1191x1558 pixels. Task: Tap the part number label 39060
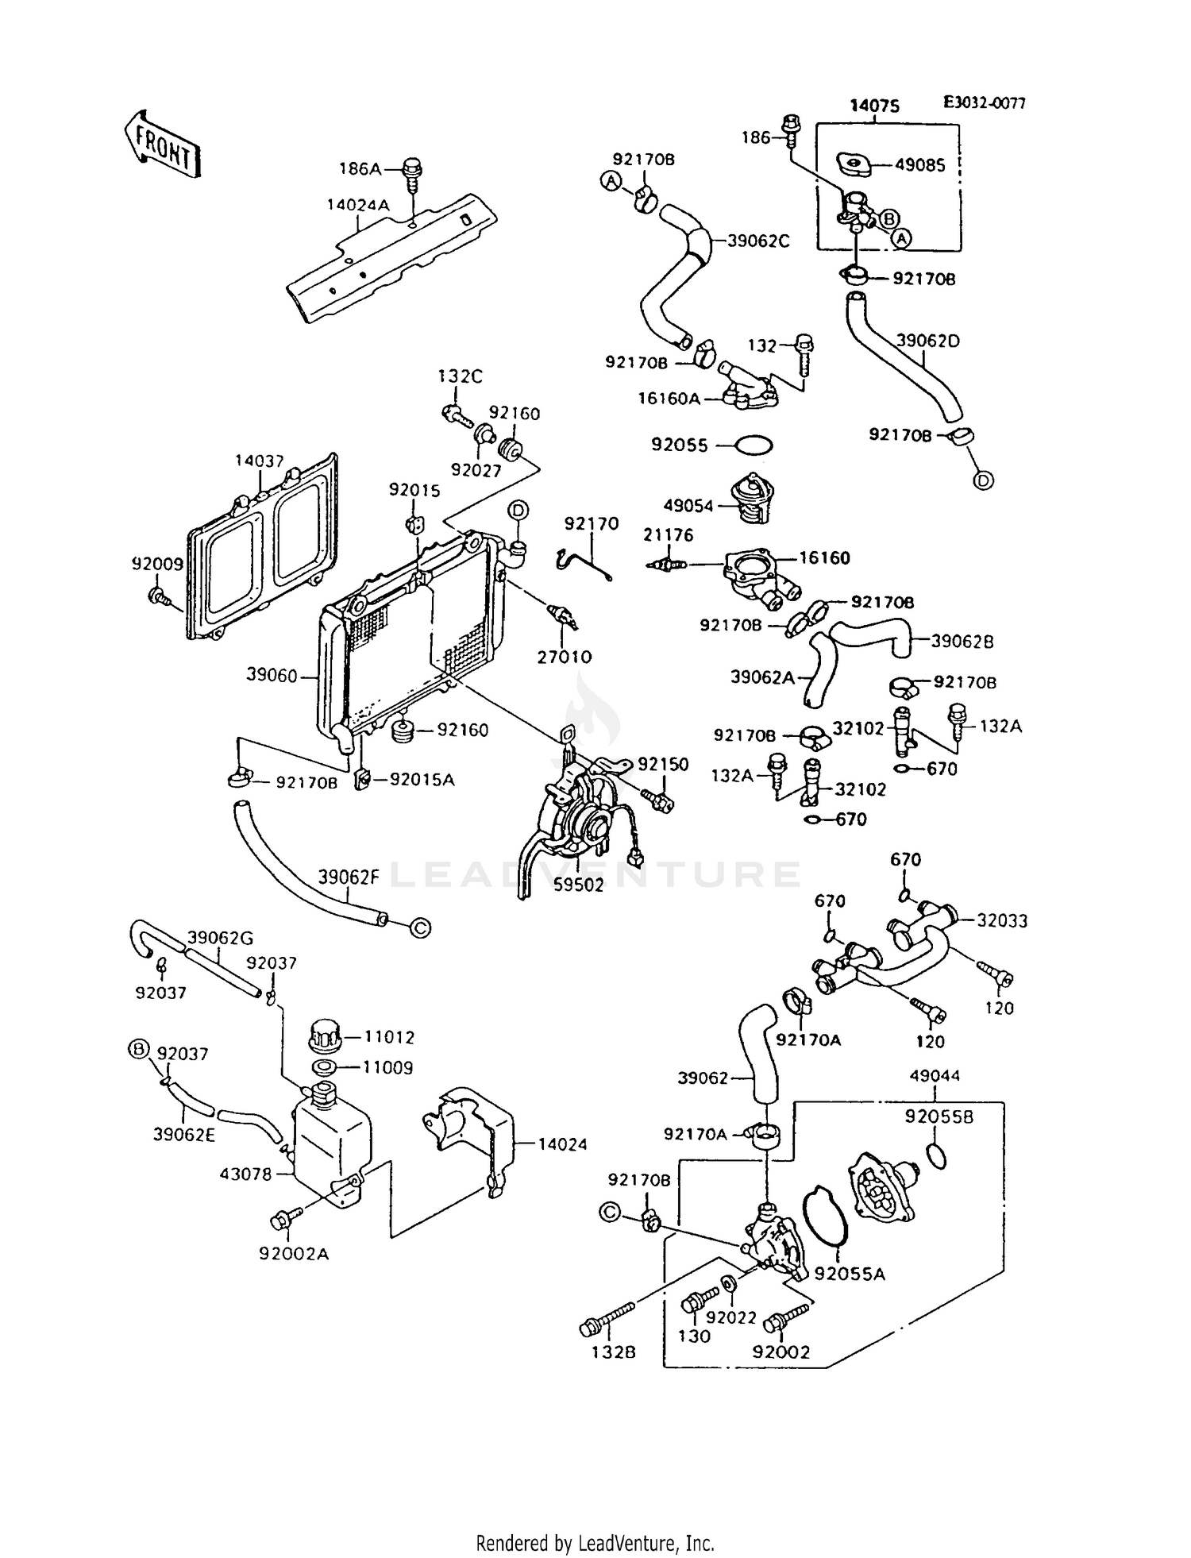coord(272,676)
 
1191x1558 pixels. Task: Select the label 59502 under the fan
coord(578,885)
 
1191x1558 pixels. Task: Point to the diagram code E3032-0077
coord(984,103)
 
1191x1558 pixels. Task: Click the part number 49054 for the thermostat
coord(688,506)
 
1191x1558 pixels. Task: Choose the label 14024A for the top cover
coord(358,205)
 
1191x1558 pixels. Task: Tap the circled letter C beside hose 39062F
coord(421,927)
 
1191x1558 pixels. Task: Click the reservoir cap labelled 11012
coord(324,1035)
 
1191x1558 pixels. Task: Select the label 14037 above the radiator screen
coord(260,461)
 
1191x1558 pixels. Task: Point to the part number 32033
coord(1002,920)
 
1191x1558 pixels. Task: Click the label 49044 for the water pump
coord(935,1075)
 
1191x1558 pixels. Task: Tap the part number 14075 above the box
coord(874,106)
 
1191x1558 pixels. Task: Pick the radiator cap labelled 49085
coord(854,165)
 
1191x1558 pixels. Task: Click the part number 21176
coord(668,535)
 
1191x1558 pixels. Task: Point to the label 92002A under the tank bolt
coord(294,1254)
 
